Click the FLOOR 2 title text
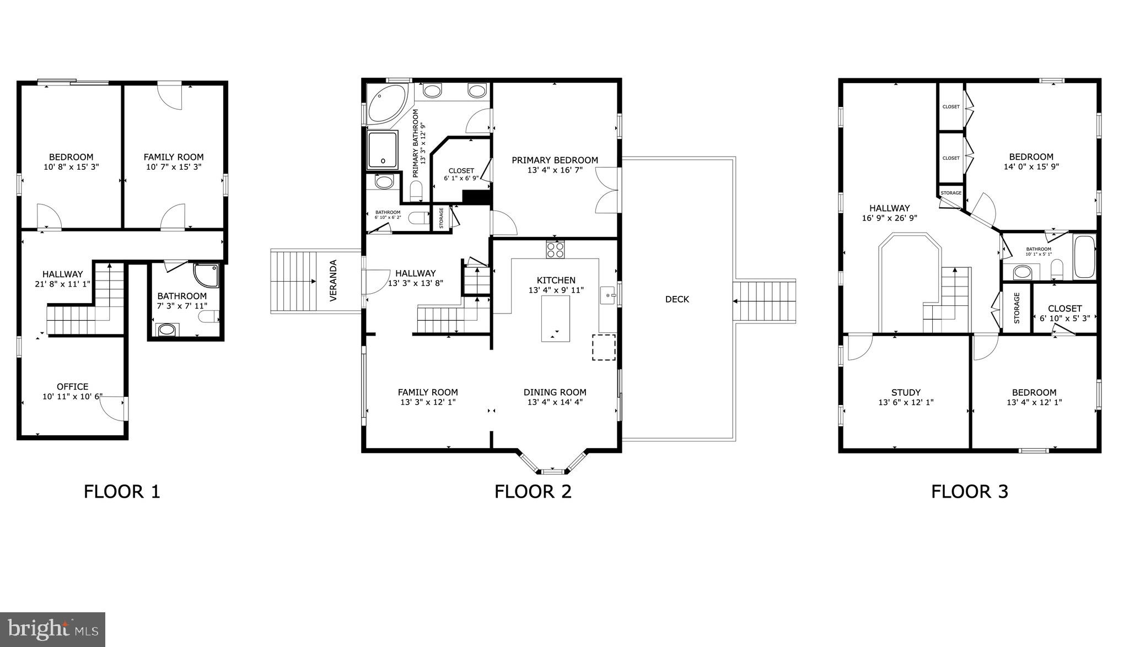pyautogui.click(x=533, y=491)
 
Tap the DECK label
pyautogui.click(x=677, y=299)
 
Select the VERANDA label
pyautogui.click(x=334, y=281)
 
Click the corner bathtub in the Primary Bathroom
pyautogui.click(x=386, y=104)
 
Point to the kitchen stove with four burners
pyautogui.click(x=555, y=250)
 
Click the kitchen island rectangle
pyautogui.click(x=555, y=319)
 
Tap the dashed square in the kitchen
pyautogui.click(x=604, y=347)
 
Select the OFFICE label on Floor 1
pyautogui.click(x=72, y=386)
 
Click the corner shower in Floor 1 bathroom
pyautogui.click(x=207, y=276)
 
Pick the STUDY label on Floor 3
pyautogui.click(x=906, y=392)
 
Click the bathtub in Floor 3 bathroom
pyautogui.click(x=1084, y=257)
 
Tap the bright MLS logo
pyautogui.click(x=52, y=629)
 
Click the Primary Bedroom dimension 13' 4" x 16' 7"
pyautogui.click(x=555, y=170)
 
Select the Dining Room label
pyautogui.click(x=555, y=392)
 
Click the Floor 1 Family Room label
pyautogui.click(x=174, y=157)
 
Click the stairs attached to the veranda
pyautogui.click(x=293, y=281)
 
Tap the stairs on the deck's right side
pyautogui.click(x=764, y=301)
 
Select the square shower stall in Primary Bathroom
pyautogui.click(x=382, y=150)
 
